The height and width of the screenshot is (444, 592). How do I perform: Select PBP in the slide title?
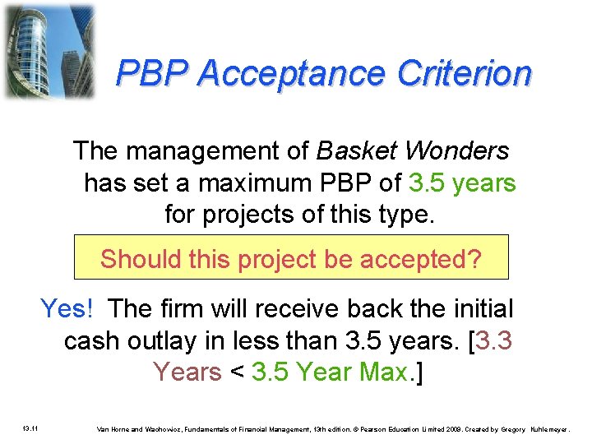pos(153,74)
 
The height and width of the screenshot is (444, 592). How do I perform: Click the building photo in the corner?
pos(49,51)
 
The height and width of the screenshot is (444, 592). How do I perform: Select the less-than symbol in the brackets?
pos(237,372)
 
